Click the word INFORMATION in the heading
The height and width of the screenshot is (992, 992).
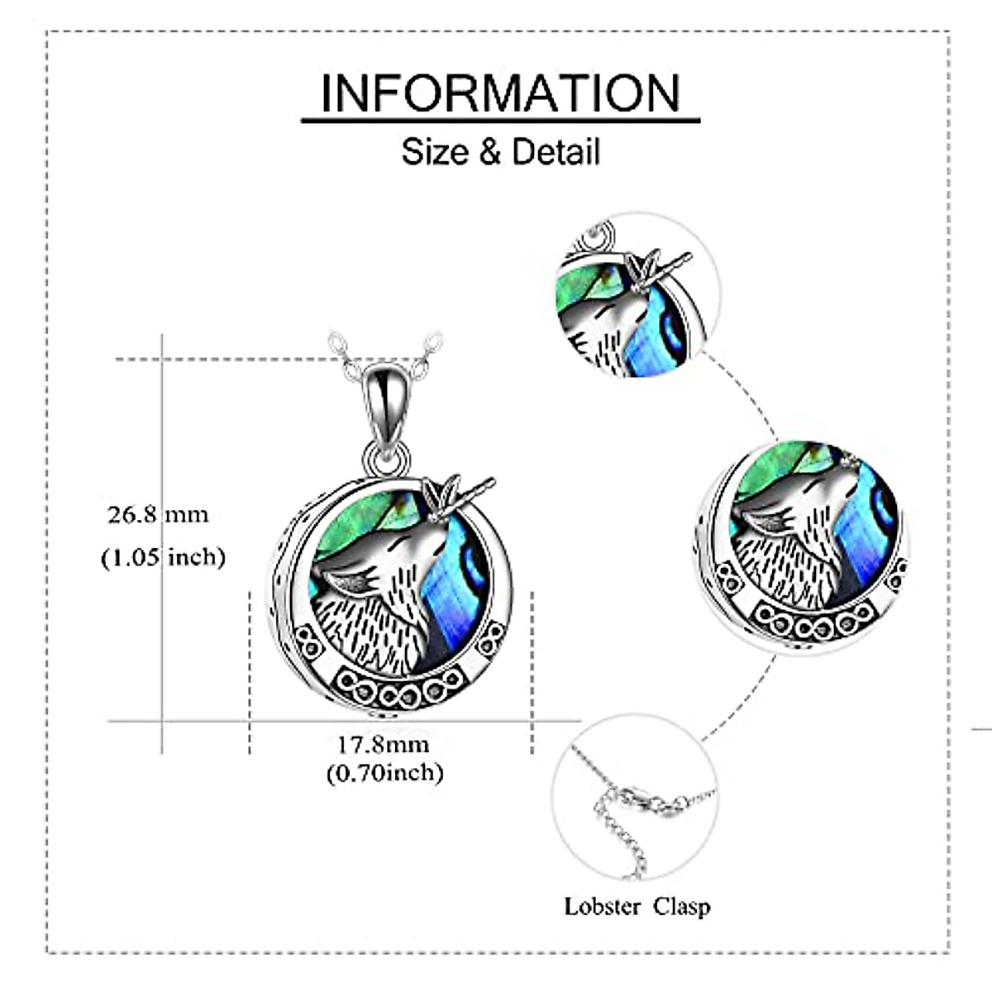(500, 93)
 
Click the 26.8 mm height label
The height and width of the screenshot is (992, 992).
(158, 514)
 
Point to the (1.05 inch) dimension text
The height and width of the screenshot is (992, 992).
(163, 557)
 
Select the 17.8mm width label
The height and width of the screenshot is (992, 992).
(383, 744)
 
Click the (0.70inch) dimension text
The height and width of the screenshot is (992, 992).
(384, 773)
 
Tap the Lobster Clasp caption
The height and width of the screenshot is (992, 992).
(637, 906)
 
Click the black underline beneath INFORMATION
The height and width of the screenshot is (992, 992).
(500, 121)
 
